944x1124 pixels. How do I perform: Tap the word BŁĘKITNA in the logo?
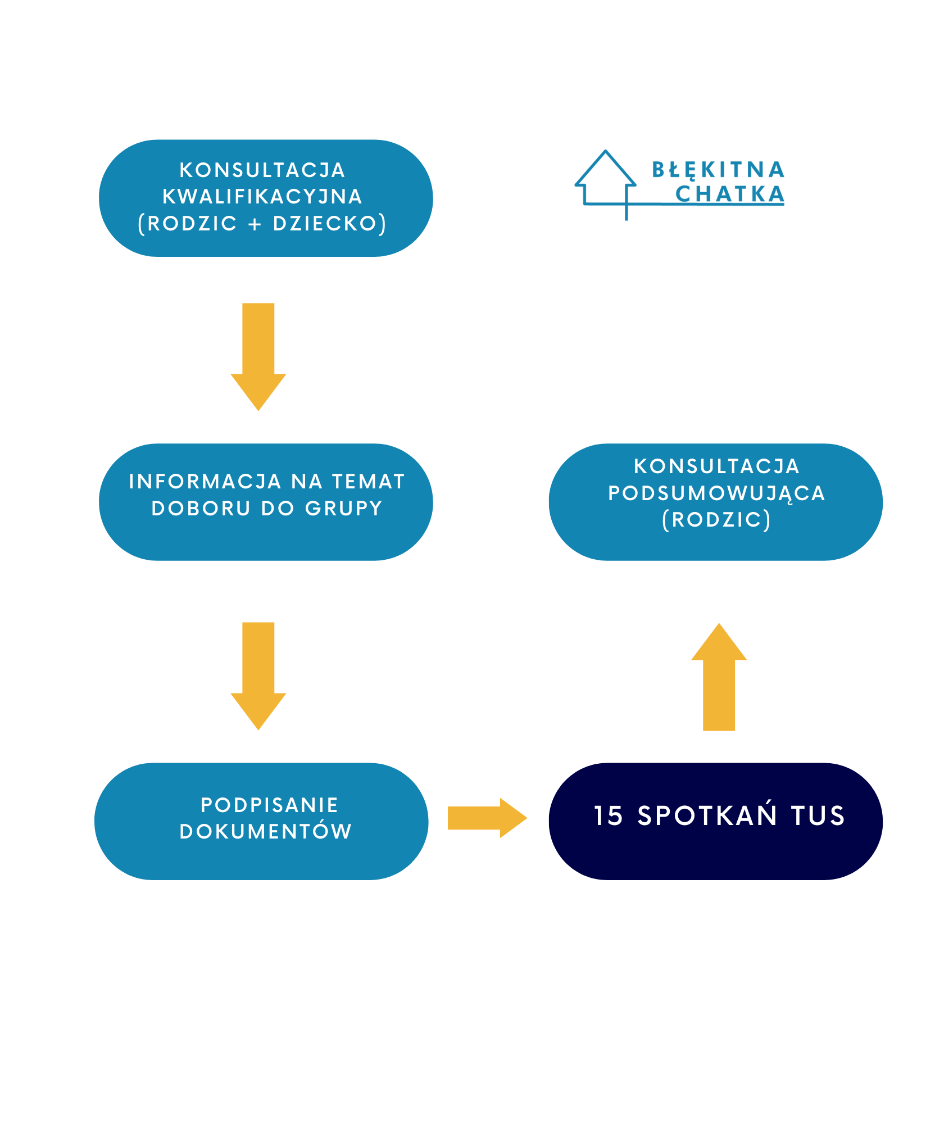(x=718, y=169)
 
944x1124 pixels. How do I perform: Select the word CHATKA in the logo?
(x=729, y=194)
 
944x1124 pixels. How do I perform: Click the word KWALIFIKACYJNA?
(x=262, y=197)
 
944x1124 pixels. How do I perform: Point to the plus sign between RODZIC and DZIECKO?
(x=255, y=224)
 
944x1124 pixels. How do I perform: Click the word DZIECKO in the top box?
(x=325, y=224)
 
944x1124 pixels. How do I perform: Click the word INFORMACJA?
(x=205, y=482)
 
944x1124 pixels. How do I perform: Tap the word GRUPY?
(x=344, y=508)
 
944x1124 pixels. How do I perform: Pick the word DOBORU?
(x=201, y=508)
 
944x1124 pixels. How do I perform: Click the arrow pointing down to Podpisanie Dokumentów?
(x=258, y=675)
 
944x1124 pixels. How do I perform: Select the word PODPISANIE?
(x=270, y=805)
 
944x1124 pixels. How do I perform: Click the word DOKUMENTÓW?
(x=266, y=831)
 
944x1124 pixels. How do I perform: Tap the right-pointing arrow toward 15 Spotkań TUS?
(x=487, y=818)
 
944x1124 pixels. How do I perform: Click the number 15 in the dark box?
(x=609, y=815)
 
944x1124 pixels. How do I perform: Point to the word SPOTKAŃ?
(x=707, y=815)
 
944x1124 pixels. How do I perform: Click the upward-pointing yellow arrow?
(x=719, y=677)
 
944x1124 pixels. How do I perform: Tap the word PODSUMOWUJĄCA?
(x=716, y=493)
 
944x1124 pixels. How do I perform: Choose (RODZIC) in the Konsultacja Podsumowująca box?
(x=716, y=520)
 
